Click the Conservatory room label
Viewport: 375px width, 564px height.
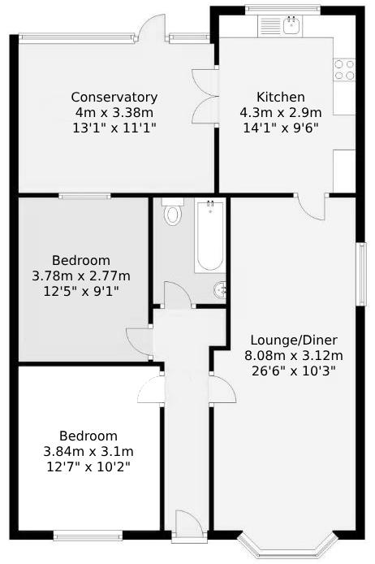(x=114, y=98)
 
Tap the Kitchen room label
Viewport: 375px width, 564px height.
(x=281, y=97)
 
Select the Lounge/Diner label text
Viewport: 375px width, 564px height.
(x=294, y=340)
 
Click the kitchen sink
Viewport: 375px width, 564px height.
(x=292, y=25)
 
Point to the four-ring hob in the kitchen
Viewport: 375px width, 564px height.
(x=344, y=70)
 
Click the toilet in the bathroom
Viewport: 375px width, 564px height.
(x=172, y=212)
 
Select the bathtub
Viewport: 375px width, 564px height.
(x=209, y=236)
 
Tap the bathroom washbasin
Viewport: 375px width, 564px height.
(x=220, y=290)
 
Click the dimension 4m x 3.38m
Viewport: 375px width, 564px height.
(x=114, y=113)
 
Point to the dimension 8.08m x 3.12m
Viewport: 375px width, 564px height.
(x=294, y=356)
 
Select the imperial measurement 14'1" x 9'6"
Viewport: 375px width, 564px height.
(x=281, y=128)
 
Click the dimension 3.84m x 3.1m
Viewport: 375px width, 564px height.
(x=88, y=451)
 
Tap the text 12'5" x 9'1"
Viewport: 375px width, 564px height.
(x=81, y=292)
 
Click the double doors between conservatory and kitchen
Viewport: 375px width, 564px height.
(x=206, y=97)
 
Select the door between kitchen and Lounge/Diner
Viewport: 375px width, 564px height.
(x=312, y=206)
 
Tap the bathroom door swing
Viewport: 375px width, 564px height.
(x=178, y=295)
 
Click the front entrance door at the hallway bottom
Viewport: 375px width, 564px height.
(x=190, y=527)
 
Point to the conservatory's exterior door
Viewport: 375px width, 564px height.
(x=151, y=27)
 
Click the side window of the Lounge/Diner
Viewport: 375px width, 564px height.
(x=361, y=274)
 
